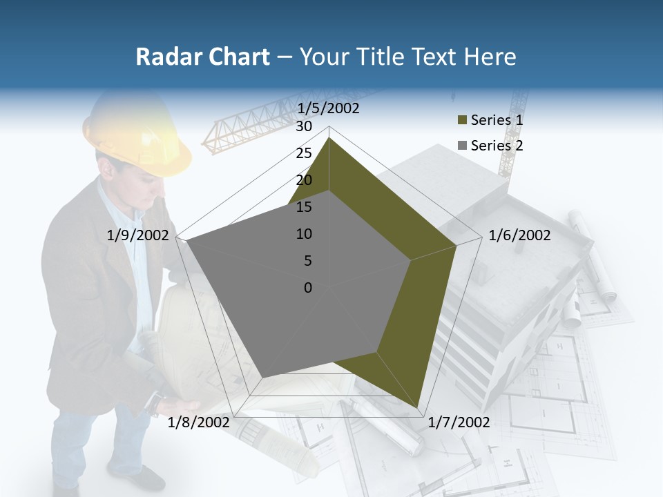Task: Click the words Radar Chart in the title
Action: (x=202, y=57)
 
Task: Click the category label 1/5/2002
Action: (x=328, y=108)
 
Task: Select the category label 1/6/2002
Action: (x=519, y=235)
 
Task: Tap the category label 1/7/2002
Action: (x=459, y=422)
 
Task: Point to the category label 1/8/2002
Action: (x=199, y=422)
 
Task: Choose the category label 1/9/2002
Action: (x=138, y=235)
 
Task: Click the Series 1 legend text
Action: (x=497, y=120)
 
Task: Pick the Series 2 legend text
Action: (x=497, y=146)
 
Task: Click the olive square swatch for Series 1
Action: (x=462, y=121)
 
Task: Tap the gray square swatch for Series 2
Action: (x=462, y=146)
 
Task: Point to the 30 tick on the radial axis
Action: (x=304, y=126)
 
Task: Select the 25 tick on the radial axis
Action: (x=304, y=153)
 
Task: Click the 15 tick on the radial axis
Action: (x=304, y=207)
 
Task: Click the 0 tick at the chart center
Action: (x=308, y=288)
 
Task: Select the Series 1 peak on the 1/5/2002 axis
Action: (x=329, y=138)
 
